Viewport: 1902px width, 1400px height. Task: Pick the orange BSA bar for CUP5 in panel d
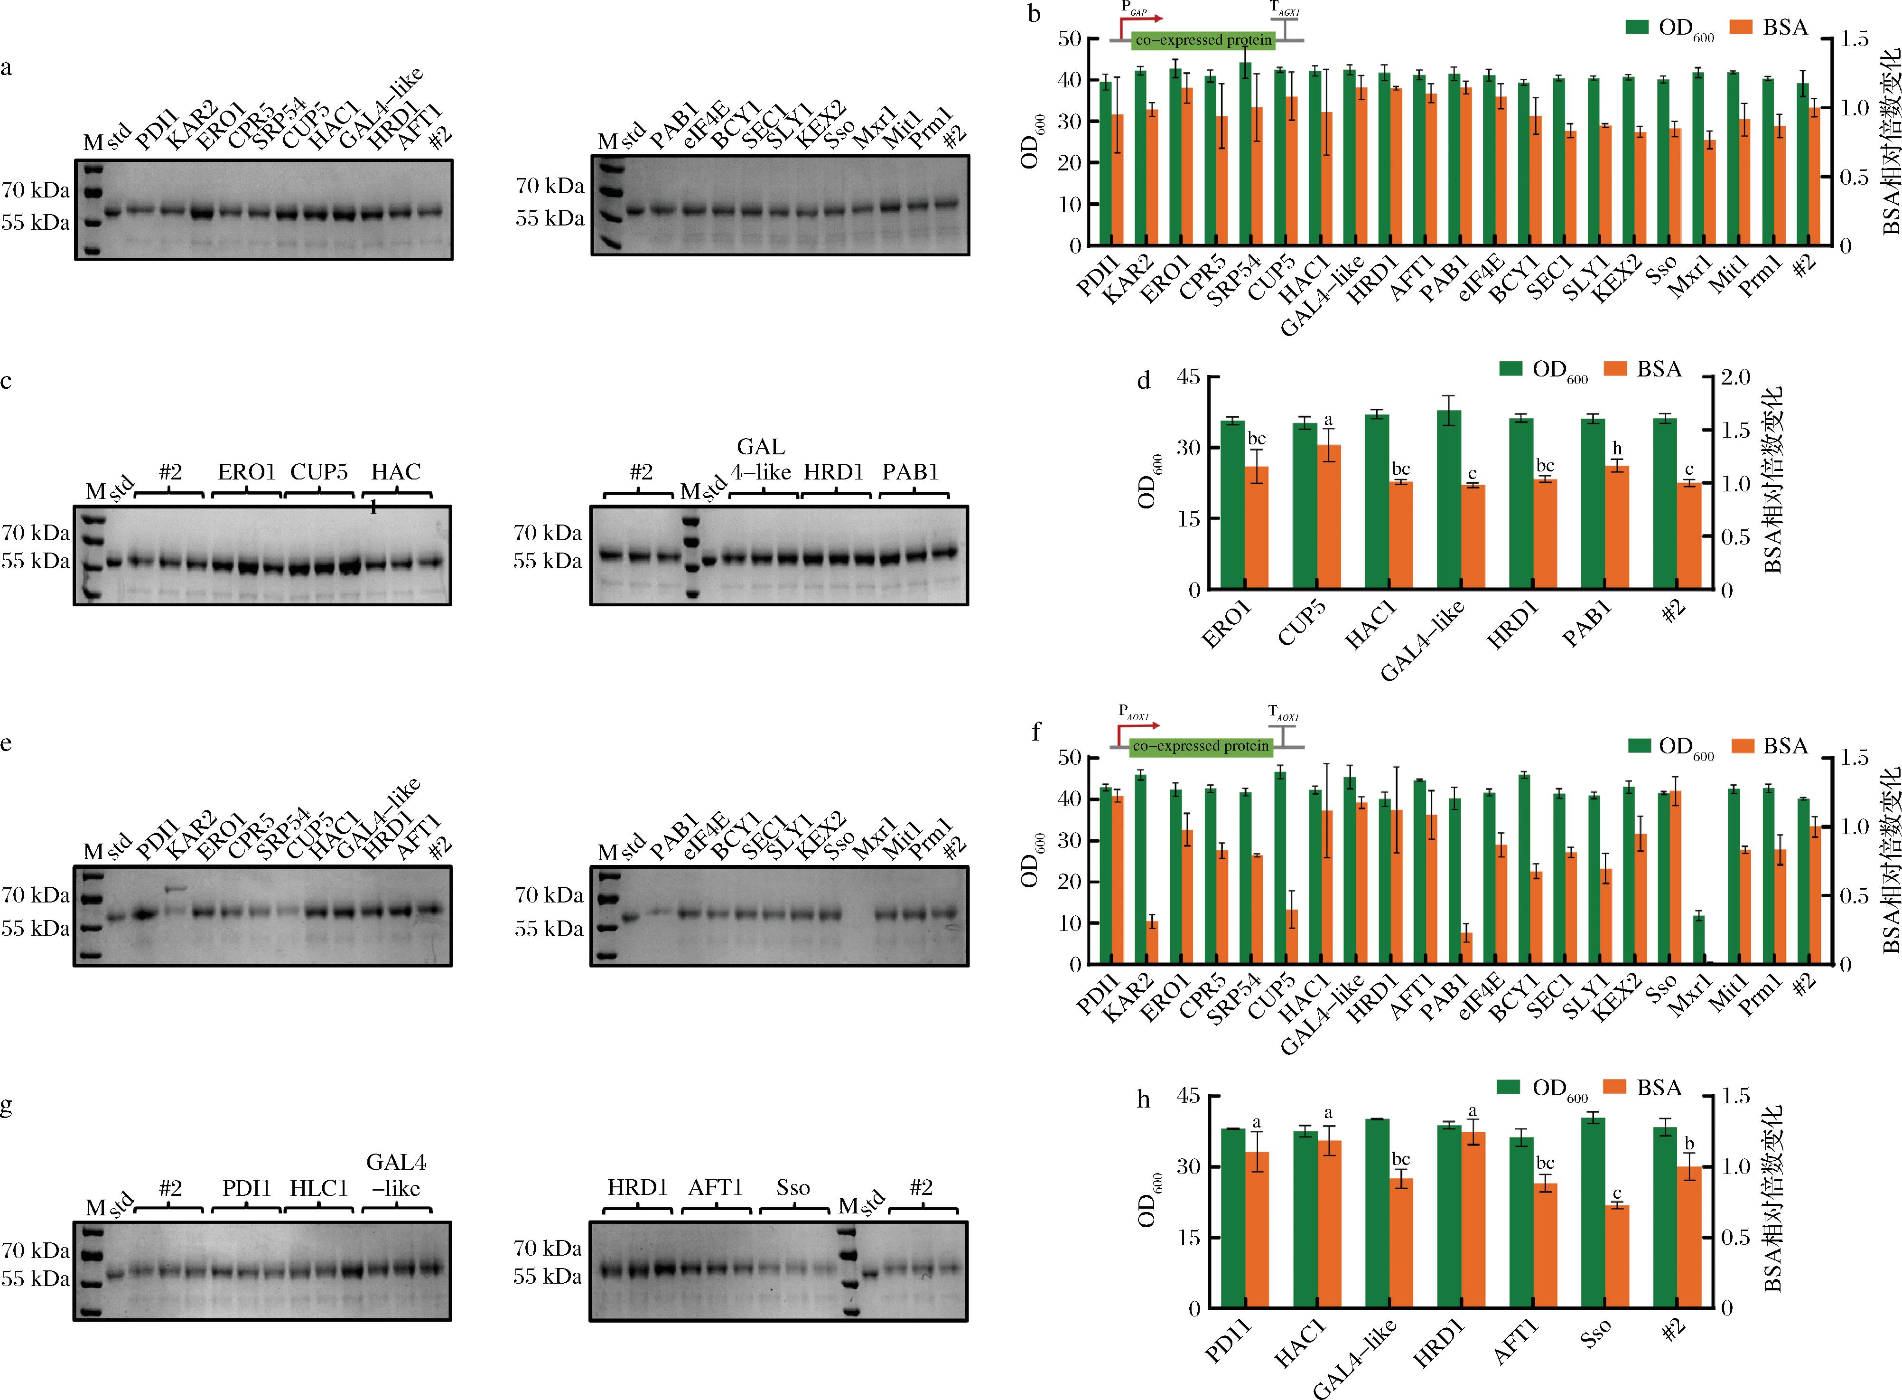click(x=1328, y=517)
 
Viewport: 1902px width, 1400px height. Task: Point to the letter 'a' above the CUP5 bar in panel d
click(x=1328, y=420)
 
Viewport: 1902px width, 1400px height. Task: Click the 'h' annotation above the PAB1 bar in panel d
click(x=1617, y=448)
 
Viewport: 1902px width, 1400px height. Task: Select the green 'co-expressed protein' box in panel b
click(x=1203, y=40)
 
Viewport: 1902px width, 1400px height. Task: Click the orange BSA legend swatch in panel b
click(x=1741, y=28)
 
